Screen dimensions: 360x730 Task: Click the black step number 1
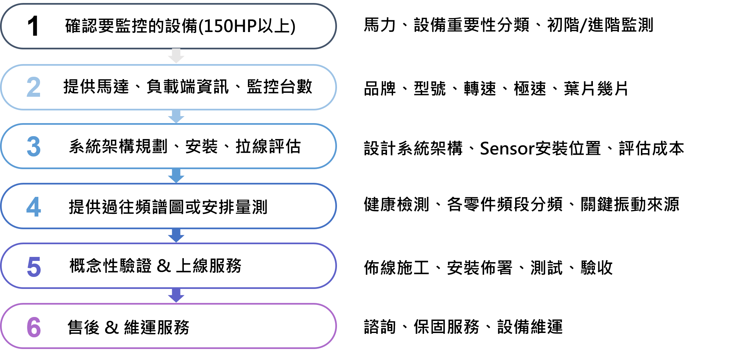33,26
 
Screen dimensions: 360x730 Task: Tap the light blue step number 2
34,87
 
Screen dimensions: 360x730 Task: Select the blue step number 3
34,146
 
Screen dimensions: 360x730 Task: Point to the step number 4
34,207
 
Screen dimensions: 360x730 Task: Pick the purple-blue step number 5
34,267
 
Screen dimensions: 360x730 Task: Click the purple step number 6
34,327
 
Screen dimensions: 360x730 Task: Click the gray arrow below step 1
176,56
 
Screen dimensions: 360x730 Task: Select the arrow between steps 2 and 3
176,116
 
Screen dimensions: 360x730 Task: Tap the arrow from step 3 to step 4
176,176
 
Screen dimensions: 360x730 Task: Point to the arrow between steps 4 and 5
176,236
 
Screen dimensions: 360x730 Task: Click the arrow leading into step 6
176,296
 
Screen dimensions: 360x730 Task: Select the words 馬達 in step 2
113,87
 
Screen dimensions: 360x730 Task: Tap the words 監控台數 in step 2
280,87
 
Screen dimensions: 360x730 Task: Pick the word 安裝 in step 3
202,146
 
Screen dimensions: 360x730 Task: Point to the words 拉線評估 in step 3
268,146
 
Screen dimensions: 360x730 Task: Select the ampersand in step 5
163,266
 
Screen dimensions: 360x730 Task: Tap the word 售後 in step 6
84,327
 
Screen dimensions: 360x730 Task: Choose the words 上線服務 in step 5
209,266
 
